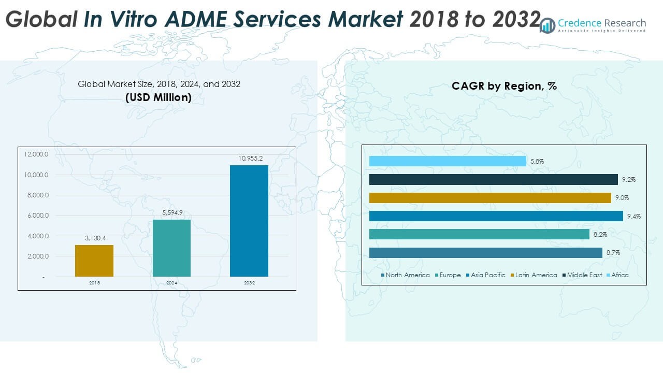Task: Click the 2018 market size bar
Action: point(94,261)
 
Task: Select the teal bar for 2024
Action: point(171,248)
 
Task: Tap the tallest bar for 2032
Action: point(249,221)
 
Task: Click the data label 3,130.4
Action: point(94,238)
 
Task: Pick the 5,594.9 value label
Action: point(171,212)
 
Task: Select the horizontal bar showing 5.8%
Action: point(448,162)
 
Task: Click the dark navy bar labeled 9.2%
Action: point(493,180)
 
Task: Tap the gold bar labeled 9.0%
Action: point(490,198)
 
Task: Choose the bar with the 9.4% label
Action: point(496,216)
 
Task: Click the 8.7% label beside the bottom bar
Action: point(612,253)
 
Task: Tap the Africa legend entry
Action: point(619,275)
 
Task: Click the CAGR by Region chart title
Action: point(504,86)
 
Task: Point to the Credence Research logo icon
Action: point(547,25)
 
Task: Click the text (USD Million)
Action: point(158,97)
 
